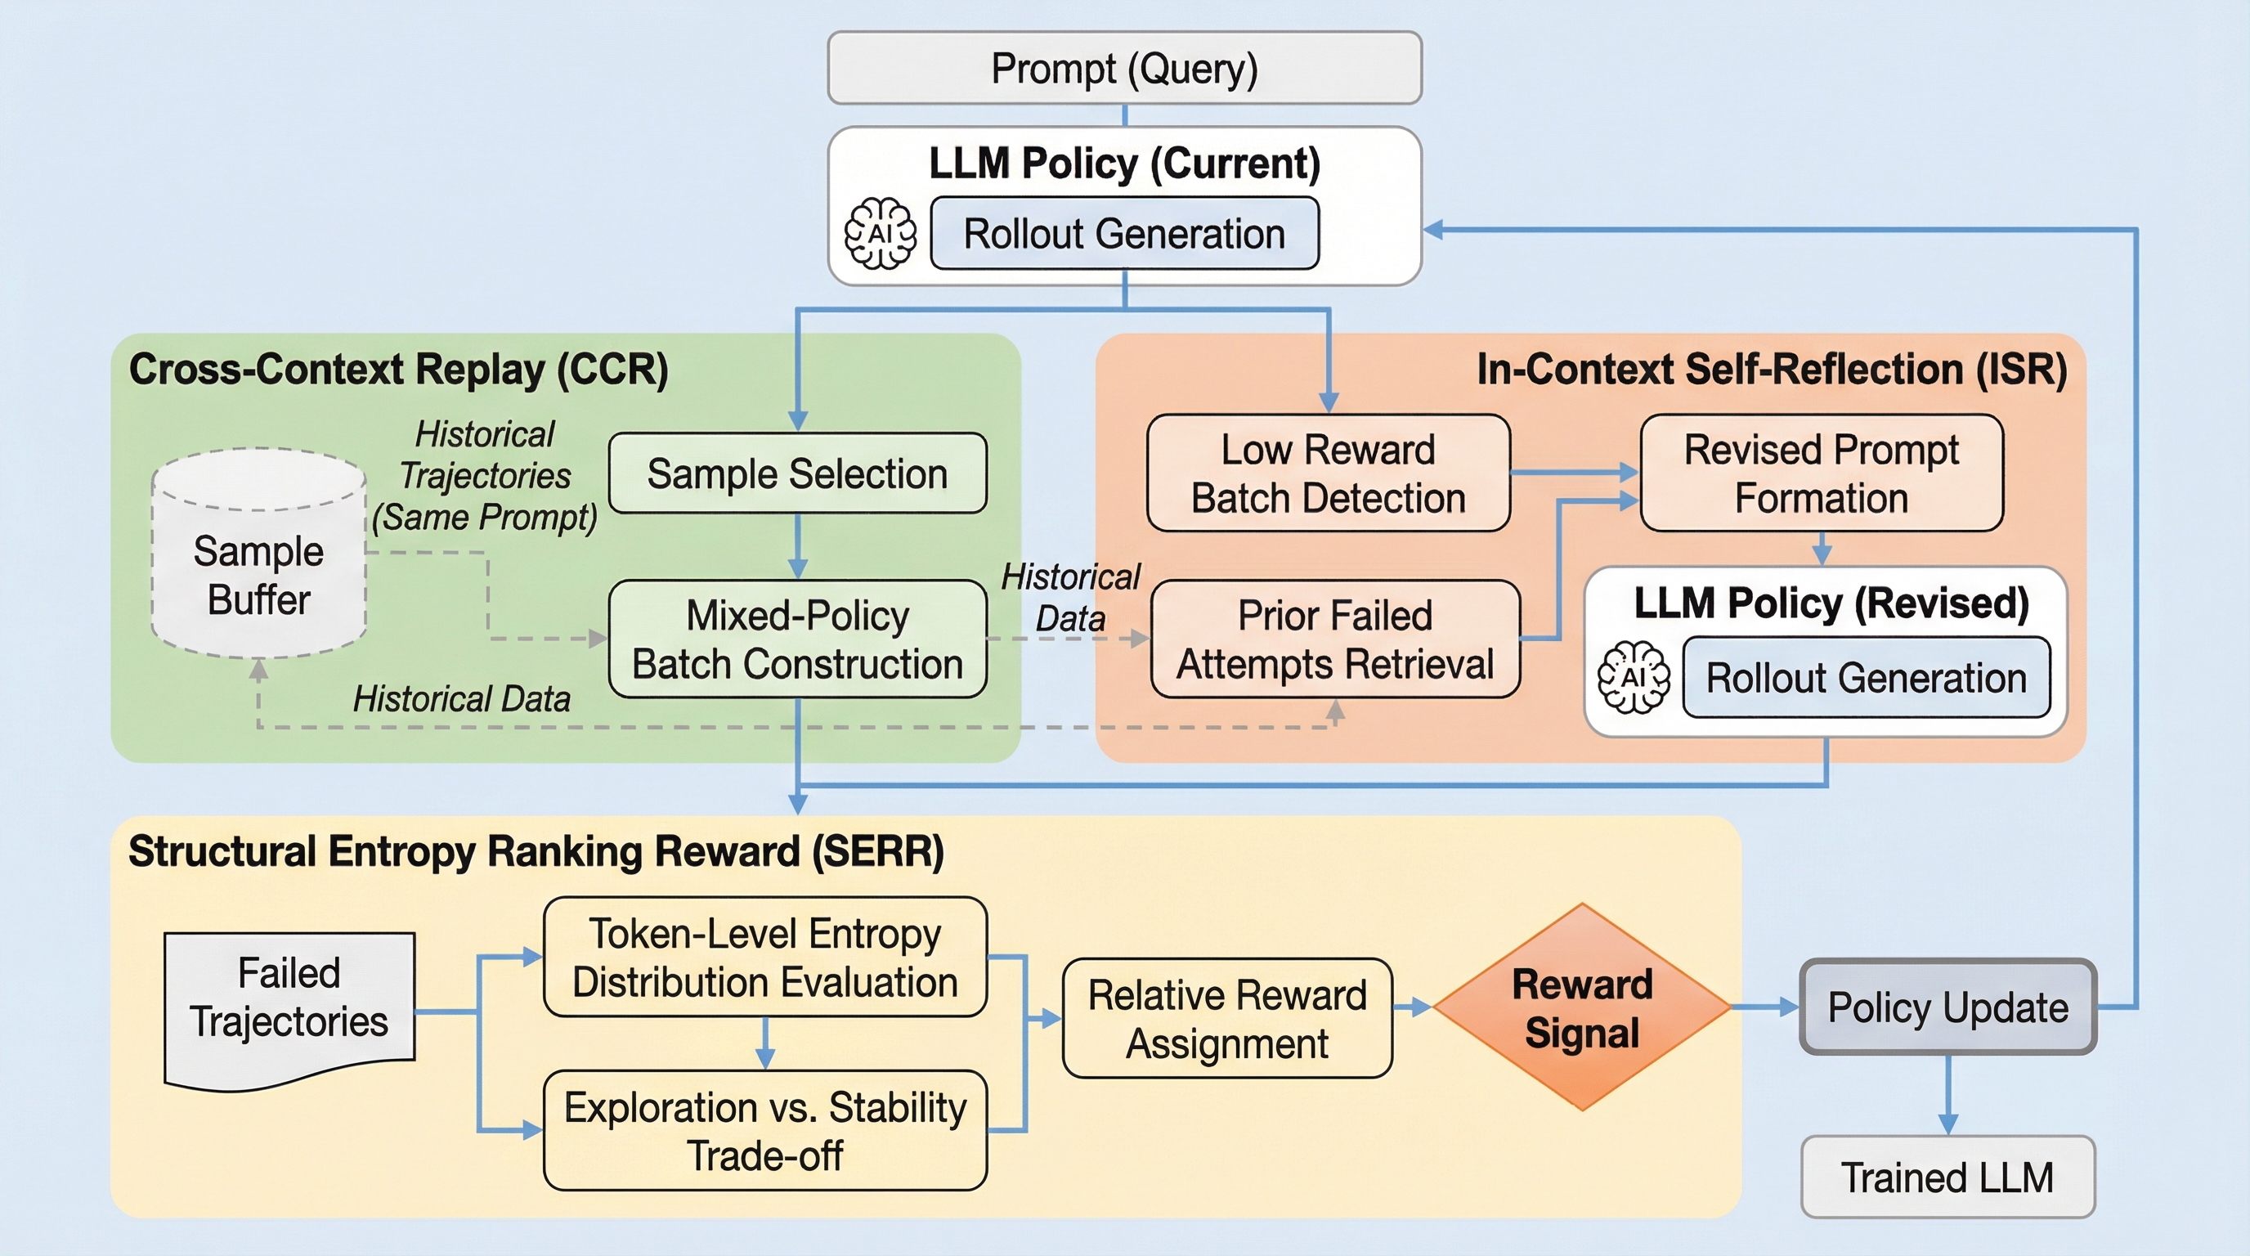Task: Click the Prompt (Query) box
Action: coord(1124,68)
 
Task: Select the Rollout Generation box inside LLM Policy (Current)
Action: coord(1124,233)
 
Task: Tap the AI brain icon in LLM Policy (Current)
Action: coord(880,233)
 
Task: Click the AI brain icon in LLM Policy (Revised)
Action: coord(1634,677)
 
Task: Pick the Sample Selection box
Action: coord(796,473)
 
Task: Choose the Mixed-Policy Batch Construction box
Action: coord(796,639)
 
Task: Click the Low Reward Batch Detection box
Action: coord(1328,473)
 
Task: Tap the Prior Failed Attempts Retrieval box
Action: coord(1334,639)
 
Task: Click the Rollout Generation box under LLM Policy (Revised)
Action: coord(1866,678)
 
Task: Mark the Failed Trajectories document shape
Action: coord(289,1004)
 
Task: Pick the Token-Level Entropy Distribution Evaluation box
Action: coord(765,958)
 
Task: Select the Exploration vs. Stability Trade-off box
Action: coord(765,1130)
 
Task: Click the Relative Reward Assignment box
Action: coord(1227,1018)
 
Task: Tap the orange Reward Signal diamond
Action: coord(1582,1007)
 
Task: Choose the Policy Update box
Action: coord(1947,1007)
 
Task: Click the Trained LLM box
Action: coord(1947,1177)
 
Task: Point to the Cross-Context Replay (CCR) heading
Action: coord(398,369)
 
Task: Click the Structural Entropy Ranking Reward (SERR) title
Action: coord(536,851)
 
